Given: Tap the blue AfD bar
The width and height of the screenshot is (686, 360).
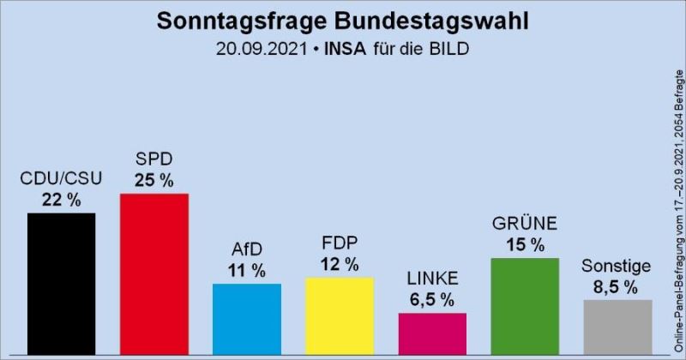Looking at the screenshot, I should (x=247, y=320).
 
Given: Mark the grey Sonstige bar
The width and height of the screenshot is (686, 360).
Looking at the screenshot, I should (x=617, y=327).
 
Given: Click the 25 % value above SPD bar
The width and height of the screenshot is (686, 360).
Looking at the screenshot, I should (x=153, y=180).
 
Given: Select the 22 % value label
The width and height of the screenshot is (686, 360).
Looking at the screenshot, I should (x=61, y=199).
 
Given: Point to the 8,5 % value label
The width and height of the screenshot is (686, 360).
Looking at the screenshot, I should (x=617, y=286).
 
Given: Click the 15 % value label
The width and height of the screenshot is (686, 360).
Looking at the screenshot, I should (x=525, y=245).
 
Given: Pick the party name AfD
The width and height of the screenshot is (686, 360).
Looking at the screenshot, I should (x=247, y=250).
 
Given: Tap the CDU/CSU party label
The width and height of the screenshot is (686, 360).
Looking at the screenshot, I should (x=61, y=178).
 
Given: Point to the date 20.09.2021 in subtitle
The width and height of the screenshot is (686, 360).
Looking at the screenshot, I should (x=263, y=49).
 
